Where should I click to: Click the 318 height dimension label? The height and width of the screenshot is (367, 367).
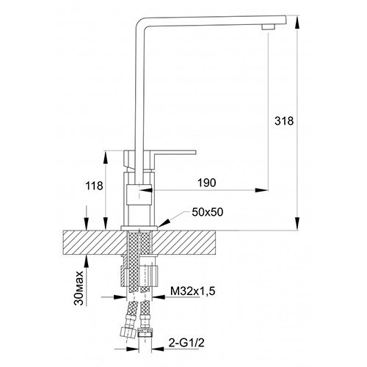point(284,121)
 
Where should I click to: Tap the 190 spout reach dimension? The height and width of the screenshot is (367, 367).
point(207,183)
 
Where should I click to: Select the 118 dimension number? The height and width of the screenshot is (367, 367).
point(94,186)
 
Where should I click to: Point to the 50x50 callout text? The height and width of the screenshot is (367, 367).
point(208,212)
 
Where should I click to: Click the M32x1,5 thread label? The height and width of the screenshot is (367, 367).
point(193,291)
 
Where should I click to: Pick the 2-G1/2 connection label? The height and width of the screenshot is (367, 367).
point(186,343)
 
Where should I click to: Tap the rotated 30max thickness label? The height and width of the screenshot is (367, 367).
point(79,288)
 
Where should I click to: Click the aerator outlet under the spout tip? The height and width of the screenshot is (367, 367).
point(269,27)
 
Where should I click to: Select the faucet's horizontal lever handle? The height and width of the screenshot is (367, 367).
point(174,153)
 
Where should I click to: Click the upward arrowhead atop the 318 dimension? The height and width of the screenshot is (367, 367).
point(297,21)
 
